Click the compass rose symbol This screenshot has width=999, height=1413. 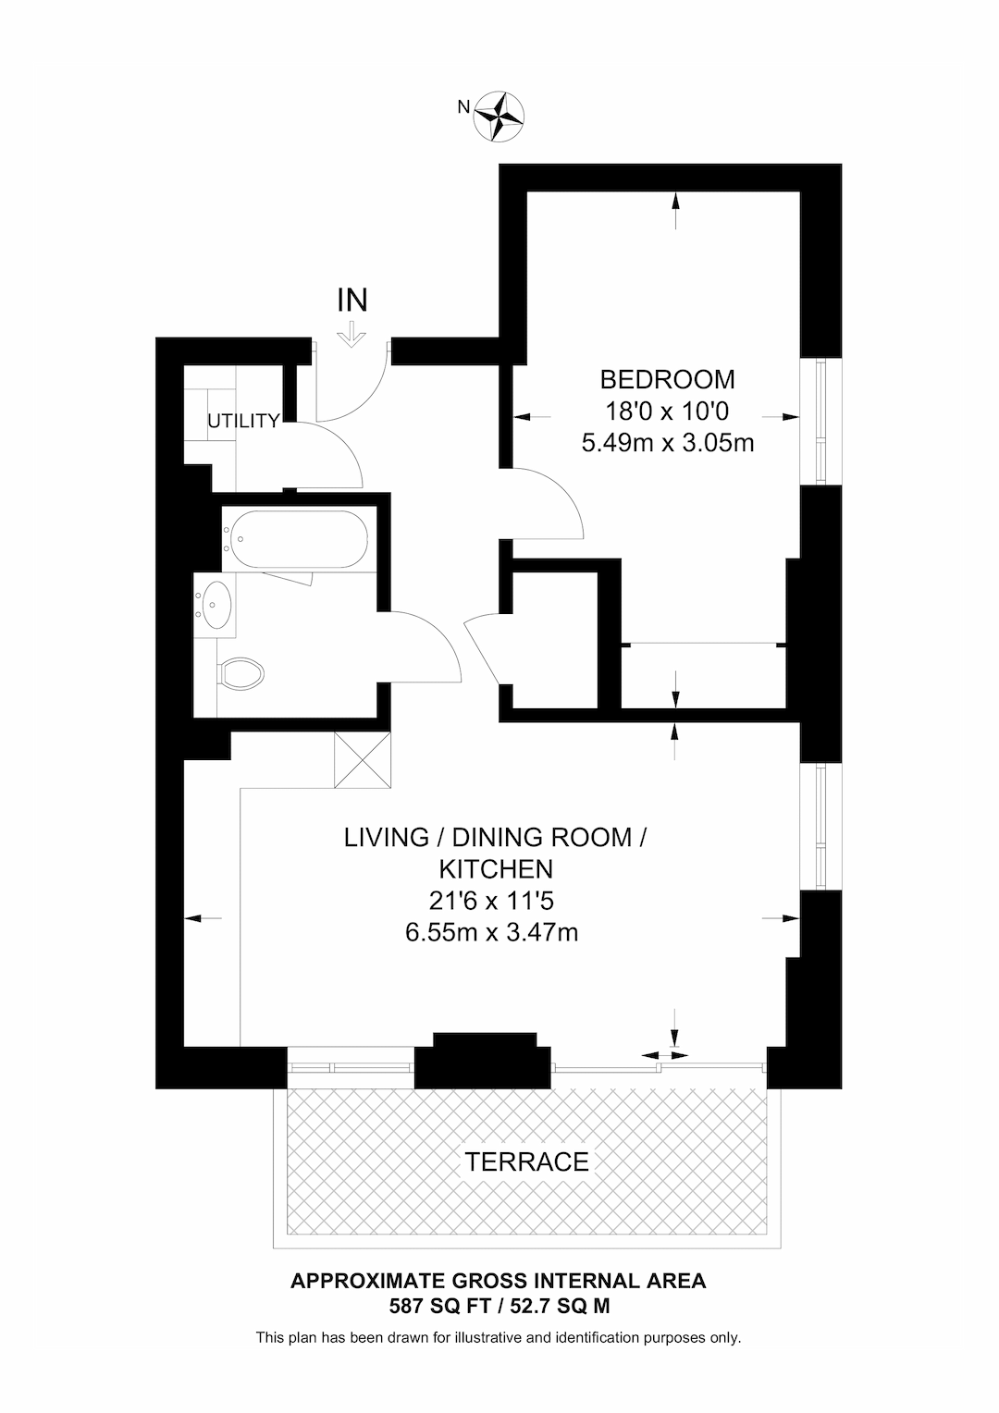pos(499,117)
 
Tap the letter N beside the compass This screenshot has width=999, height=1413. pos(463,107)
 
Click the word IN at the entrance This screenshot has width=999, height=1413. pos(352,301)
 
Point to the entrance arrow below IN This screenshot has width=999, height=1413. pos(351,335)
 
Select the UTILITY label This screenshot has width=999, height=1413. pos(243,421)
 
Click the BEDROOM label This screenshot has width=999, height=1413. pos(667,380)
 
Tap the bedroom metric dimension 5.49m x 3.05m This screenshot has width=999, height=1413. pos(667,443)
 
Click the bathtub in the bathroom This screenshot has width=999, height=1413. pos(296,539)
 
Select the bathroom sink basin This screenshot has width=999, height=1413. pos(214,605)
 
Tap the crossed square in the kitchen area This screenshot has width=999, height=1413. pos(363,759)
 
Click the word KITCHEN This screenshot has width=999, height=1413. pos(496,869)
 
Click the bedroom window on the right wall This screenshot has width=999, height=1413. pos(820,422)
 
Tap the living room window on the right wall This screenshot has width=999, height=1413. pos(820,827)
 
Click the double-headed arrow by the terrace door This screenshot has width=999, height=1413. pos(664,1055)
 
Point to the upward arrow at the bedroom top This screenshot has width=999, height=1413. pos(675,211)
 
